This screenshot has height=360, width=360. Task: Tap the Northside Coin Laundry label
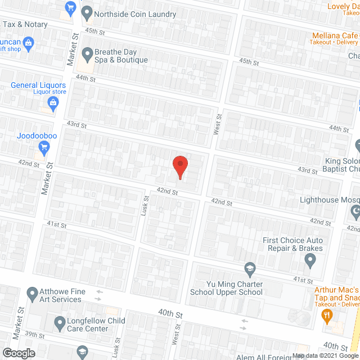point(135,14)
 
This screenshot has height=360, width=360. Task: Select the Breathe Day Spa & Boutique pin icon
point(87,55)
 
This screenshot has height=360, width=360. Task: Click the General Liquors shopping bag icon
point(53,102)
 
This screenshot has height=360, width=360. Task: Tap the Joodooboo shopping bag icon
point(44,148)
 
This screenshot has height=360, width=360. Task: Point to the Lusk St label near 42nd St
point(145,202)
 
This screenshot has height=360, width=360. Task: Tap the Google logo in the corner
point(17,353)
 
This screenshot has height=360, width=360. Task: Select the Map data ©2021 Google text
point(325,356)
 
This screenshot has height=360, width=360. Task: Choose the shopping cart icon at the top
point(70,7)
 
